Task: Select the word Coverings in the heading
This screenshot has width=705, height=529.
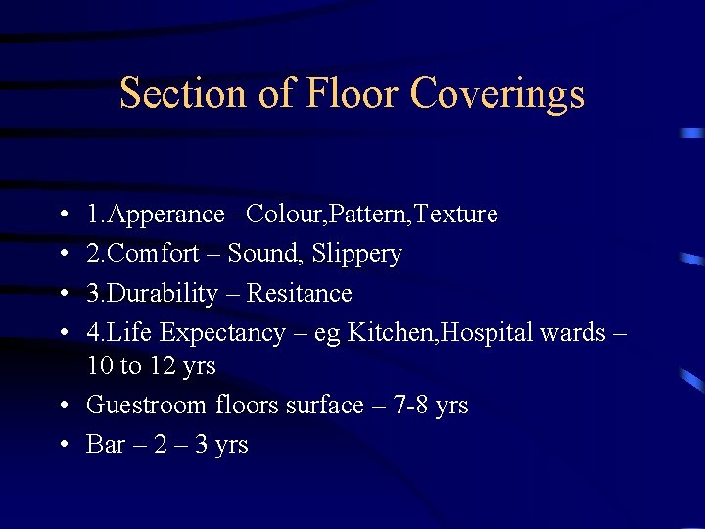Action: click(x=497, y=94)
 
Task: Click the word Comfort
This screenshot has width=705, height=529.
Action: click(x=162, y=254)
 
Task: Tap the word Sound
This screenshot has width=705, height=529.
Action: click(x=264, y=254)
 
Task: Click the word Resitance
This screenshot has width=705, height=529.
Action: click(x=299, y=293)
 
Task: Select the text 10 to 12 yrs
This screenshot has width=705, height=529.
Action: click(x=151, y=366)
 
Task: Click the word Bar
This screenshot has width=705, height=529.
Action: click(x=106, y=445)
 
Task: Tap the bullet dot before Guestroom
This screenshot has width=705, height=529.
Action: click(x=63, y=405)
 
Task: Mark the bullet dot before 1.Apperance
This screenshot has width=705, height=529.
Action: click(x=63, y=215)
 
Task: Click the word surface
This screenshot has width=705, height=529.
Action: click(x=324, y=405)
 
